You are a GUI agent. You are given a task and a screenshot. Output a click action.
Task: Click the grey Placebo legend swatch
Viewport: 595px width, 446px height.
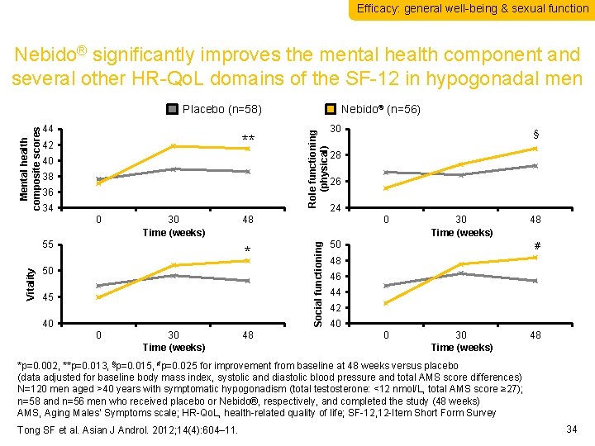tap(173, 109)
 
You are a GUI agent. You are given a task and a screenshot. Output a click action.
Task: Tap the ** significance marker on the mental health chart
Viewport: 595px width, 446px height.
tap(248, 138)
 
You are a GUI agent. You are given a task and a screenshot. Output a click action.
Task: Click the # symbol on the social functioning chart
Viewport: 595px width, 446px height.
tap(537, 245)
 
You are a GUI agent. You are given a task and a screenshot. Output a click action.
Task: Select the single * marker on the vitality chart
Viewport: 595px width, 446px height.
tap(247, 250)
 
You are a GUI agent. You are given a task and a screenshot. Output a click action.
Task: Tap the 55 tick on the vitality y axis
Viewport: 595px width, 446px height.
tap(48, 245)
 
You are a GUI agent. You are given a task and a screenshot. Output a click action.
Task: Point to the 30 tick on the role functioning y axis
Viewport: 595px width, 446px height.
tap(335, 130)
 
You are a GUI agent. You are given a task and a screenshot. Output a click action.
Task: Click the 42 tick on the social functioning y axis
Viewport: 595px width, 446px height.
tap(335, 308)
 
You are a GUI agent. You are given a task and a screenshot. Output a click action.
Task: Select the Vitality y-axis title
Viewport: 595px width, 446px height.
tap(30, 283)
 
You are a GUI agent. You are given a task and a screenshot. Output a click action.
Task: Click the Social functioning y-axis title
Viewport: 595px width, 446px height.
tap(318, 281)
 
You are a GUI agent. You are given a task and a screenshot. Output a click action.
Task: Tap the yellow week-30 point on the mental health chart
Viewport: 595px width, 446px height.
tap(174, 146)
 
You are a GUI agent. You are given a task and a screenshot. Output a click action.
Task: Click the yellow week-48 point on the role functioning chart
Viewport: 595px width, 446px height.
tap(535, 149)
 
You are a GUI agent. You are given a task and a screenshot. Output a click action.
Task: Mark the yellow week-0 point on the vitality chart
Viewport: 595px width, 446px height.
tap(98, 297)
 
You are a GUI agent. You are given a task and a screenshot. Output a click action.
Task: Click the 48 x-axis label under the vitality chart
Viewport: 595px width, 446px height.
tap(247, 335)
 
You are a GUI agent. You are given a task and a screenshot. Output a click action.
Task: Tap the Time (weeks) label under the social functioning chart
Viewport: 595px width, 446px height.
tap(461, 347)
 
